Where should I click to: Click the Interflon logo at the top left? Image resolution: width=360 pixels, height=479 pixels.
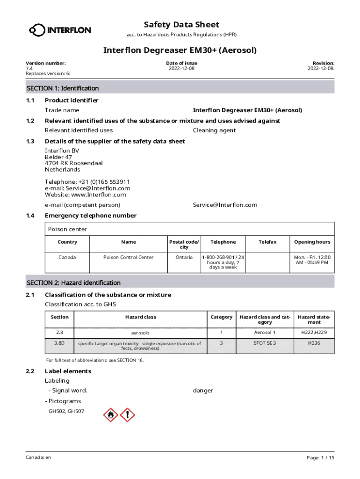coord(60,30)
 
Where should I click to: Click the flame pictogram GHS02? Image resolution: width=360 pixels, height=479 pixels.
coord(111,414)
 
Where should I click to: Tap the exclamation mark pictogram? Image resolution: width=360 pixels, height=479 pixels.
coord(127,414)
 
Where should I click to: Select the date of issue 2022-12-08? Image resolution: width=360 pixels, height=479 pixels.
coord(181,68)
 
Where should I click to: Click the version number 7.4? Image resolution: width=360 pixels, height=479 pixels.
coord(29,68)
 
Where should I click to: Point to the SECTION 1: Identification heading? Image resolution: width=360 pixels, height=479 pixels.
coord(63,88)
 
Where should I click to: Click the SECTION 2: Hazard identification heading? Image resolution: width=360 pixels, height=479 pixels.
coord(73,283)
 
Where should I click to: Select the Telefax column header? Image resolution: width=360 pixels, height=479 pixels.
coord(268,242)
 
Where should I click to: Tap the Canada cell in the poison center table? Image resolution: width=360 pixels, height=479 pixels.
coord(67,257)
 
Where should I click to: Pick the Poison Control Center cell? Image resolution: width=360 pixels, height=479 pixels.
coord(128,257)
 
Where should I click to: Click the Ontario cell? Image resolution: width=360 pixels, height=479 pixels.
coord(184,257)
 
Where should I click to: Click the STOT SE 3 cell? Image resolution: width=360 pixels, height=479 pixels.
coord(265,343)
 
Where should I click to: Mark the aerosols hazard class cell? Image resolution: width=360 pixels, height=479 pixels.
coord(140,333)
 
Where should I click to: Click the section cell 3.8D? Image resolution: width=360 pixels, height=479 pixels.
coord(59,343)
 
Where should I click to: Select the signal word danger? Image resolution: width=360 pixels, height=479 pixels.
coord(203,391)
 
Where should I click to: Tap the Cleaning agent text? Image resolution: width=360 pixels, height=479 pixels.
coord(214,131)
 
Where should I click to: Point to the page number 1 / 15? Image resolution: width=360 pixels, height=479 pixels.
coord(327,457)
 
